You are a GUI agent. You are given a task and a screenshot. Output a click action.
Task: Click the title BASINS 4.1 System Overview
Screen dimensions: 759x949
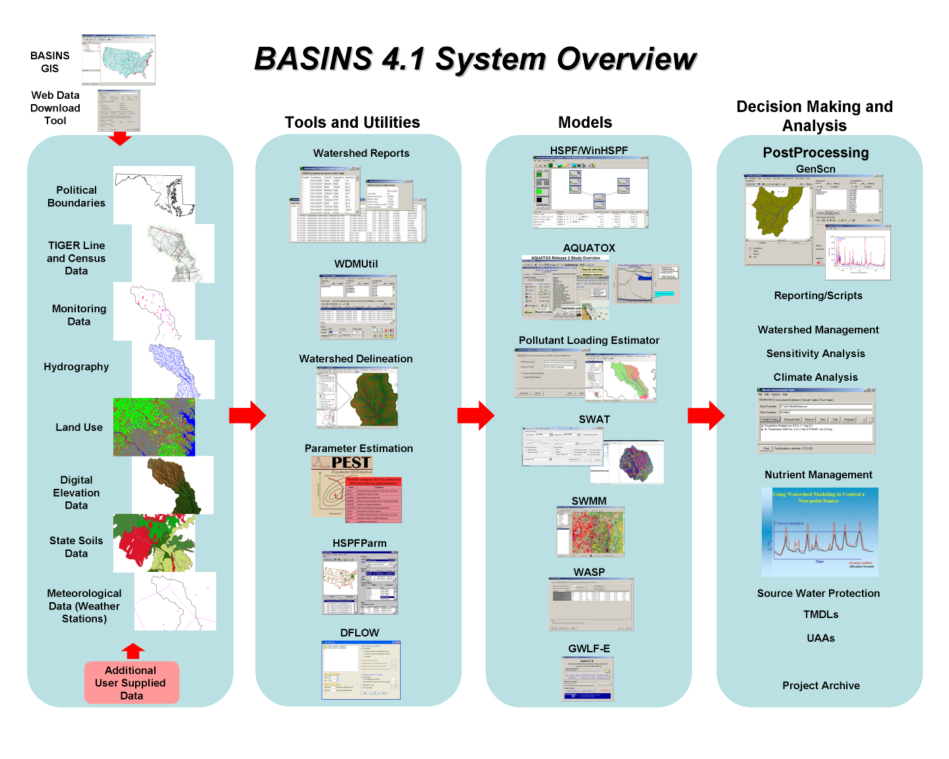pyautogui.click(x=475, y=59)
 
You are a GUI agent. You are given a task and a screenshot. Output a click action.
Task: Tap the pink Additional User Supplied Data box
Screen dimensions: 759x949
pyautogui.click(x=131, y=683)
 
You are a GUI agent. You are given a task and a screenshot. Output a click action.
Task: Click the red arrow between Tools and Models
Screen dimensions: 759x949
pyautogui.click(x=475, y=415)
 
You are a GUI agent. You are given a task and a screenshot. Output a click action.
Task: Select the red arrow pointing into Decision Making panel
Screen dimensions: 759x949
pyautogui.click(x=706, y=415)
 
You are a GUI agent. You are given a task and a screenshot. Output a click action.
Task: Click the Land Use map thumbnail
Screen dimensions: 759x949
pyautogui.click(x=154, y=427)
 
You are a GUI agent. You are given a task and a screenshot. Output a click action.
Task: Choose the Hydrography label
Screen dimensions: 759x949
pyautogui.click(x=76, y=367)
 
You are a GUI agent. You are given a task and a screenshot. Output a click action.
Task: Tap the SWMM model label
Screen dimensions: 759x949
pyautogui.click(x=589, y=501)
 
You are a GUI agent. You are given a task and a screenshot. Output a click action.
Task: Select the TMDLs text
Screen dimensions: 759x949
pyautogui.click(x=820, y=615)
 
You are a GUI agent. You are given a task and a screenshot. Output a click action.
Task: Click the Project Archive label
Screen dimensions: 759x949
pyautogui.click(x=820, y=686)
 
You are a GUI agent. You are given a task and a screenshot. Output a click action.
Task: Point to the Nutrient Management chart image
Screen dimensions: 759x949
pyautogui.click(x=820, y=532)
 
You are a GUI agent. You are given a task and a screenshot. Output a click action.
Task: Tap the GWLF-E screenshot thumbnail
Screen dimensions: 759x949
pyautogui.click(x=588, y=679)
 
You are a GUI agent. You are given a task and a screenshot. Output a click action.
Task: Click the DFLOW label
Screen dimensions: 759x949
pyautogui.click(x=360, y=633)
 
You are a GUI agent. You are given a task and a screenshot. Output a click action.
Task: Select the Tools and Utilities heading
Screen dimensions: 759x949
pyautogui.click(x=352, y=123)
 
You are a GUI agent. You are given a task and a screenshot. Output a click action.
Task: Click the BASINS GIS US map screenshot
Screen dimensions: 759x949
pyautogui.click(x=119, y=60)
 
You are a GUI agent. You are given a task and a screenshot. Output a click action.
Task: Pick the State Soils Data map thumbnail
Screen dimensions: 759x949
pyautogui.click(x=154, y=543)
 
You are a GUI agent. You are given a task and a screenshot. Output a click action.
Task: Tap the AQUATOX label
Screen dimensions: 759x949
pyautogui.click(x=589, y=248)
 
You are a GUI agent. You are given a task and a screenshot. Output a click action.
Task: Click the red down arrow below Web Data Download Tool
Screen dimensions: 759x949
pyautogui.click(x=120, y=138)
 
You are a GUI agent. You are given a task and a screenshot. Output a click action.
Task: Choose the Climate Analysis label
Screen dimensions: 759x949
pyautogui.click(x=815, y=378)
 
